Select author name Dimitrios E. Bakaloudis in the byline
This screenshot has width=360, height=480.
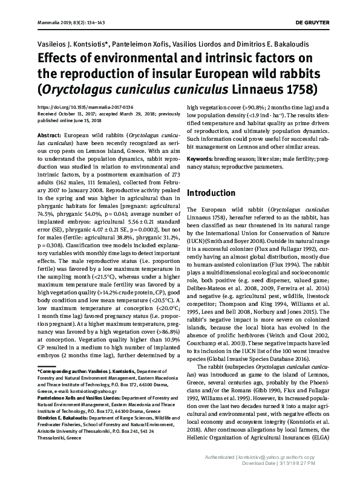tap(278, 45)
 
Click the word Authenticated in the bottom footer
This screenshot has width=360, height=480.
tap(222, 456)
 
